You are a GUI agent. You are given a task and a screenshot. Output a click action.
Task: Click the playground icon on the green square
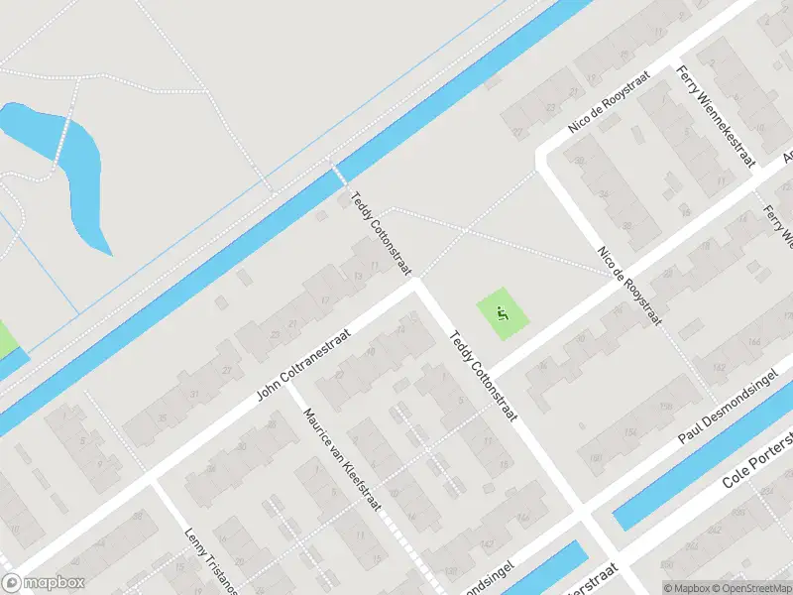[504, 314]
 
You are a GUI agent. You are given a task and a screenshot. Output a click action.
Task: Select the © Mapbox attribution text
[685, 587]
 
